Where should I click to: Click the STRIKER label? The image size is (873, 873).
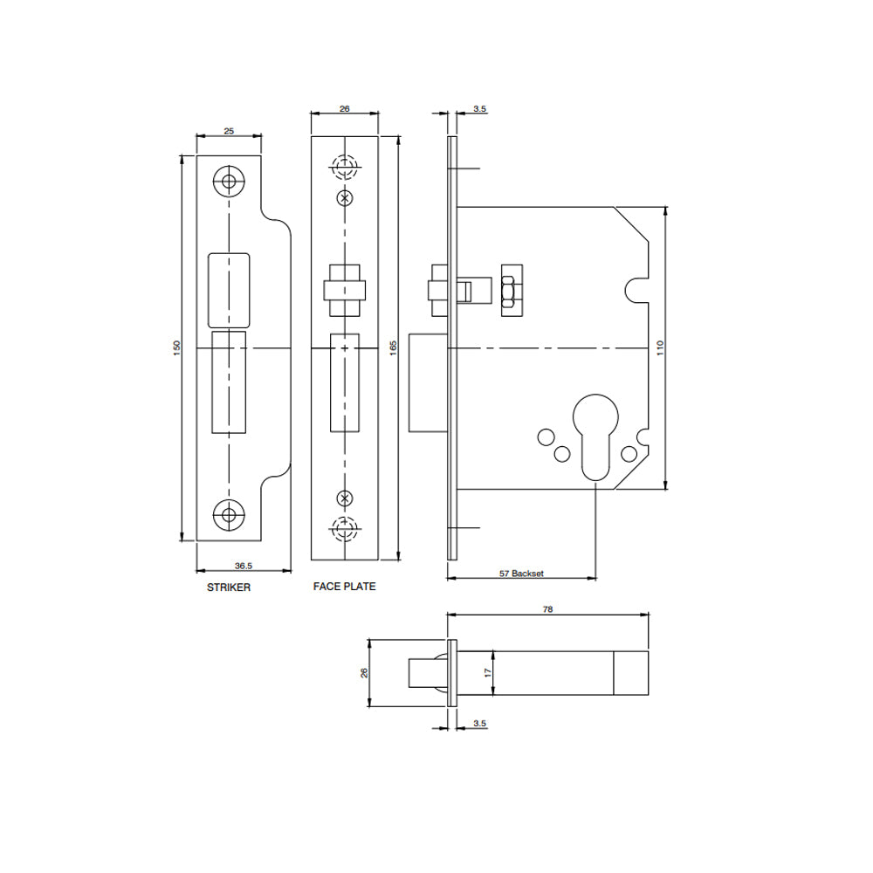(228, 588)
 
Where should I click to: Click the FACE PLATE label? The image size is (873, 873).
(344, 587)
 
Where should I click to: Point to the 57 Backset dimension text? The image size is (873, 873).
(521, 573)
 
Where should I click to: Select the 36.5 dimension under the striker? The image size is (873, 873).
(244, 566)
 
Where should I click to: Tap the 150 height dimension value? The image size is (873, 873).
(177, 348)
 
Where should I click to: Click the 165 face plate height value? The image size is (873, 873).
(393, 348)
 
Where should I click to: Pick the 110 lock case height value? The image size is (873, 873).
(660, 348)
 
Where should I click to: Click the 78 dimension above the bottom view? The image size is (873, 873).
(548, 609)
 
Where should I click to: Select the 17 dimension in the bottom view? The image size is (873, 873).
(488, 672)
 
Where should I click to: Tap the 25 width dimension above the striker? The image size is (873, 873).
(229, 131)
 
